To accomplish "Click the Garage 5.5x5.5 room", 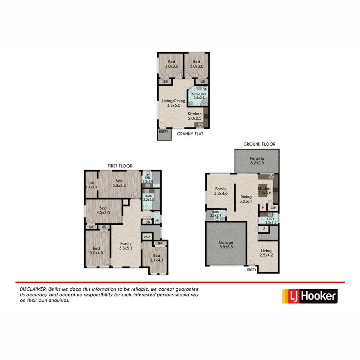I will tap(226, 245).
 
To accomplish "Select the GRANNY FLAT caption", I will tap(190, 134).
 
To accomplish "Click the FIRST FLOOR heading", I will tap(120, 166).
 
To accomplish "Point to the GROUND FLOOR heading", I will tap(259, 144).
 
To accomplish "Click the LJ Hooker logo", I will tap(310, 296).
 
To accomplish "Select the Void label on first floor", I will tap(146, 237).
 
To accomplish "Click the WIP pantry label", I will tap(273, 208).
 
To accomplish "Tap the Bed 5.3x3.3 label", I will tap(120, 183).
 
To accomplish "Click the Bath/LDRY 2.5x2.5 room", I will tap(198, 96).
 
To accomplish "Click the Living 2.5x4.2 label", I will tap(265, 252).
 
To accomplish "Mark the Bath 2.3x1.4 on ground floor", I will tap(216, 214).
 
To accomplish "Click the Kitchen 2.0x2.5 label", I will tap(195, 116).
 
